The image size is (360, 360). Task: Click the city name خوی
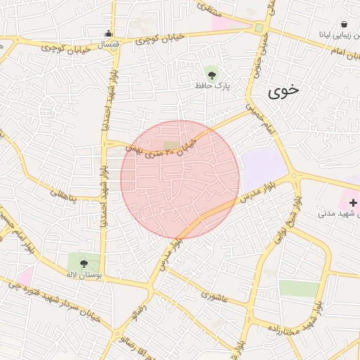pyautogui.click(x=283, y=90)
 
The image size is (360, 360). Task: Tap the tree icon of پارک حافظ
pyautogui.click(x=212, y=72)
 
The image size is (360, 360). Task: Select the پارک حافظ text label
pyautogui.click(x=213, y=85)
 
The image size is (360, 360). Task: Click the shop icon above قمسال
pyautogui.click(x=108, y=33)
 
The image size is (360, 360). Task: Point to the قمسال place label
pyautogui.click(x=108, y=44)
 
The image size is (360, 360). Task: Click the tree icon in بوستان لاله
pyautogui.click(x=84, y=263)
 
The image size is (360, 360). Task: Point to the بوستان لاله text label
pyautogui.click(x=84, y=276)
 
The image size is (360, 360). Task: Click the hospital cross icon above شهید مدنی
pyautogui.click(x=352, y=202)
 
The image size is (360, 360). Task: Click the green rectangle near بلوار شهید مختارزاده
pyautogui.click(x=299, y=288)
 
